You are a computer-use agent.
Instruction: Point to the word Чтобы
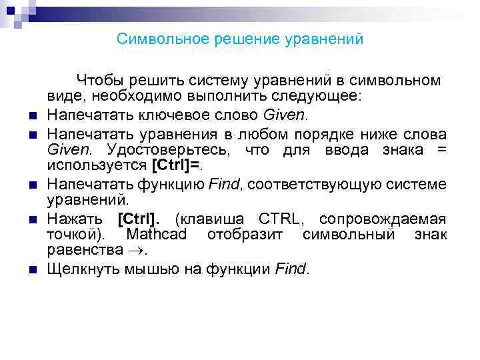coord(99,81)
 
